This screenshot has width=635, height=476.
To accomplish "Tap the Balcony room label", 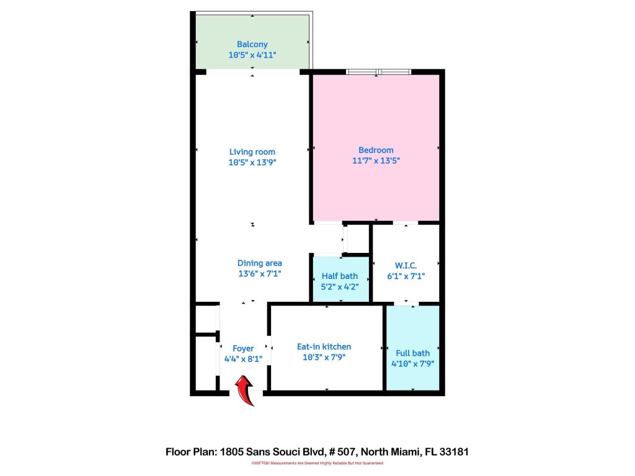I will (x=252, y=44).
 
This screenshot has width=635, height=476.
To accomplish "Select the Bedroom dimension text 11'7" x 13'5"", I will (x=376, y=161).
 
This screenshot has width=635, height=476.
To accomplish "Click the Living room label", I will (x=252, y=151).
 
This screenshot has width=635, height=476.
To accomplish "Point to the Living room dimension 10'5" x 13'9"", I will (x=252, y=162).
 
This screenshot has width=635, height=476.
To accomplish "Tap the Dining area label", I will (x=259, y=263).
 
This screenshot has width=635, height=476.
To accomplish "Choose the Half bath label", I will (x=340, y=276).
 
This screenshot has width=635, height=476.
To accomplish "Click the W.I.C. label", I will (x=406, y=265).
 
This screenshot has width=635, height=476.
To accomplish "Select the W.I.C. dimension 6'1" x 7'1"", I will (x=406, y=276).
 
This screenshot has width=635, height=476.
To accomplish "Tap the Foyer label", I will (x=243, y=348).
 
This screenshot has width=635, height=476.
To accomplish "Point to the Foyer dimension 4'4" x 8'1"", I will (x=243, y=359).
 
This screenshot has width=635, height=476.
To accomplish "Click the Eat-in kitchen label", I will (x=324, y=346).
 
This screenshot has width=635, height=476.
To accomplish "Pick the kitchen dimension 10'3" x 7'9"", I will (x=324, y=358).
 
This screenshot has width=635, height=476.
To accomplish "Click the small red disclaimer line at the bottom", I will (x=317, y=463).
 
